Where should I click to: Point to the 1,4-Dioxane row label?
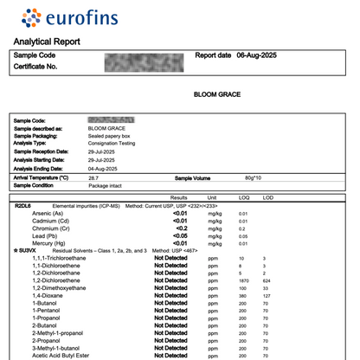pyautogui.click(x=50, y=295)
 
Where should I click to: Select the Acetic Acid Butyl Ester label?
pyautogui.click(x=66, y=354)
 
